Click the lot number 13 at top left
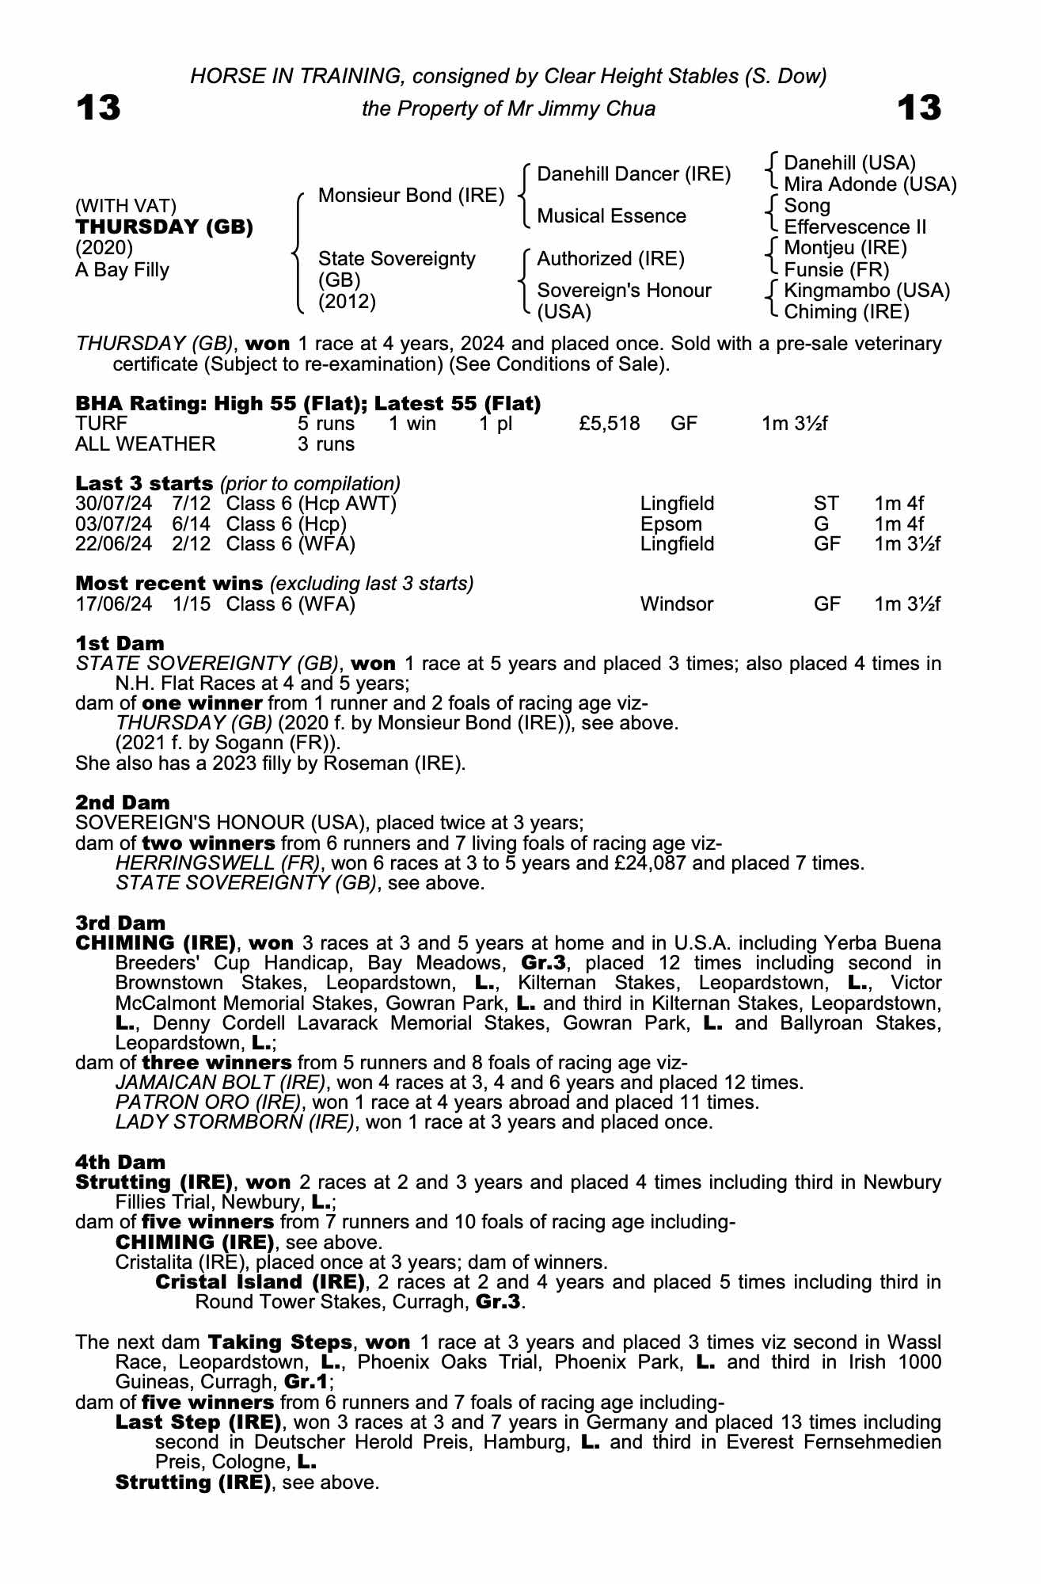pos(98,108)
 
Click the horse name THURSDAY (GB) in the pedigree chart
pos(165,227)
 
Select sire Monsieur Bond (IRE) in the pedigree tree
pos(411,195)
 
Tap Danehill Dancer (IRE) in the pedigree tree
pos(633,174)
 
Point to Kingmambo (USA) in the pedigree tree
pos(867,291)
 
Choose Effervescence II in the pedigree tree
pos(855,227)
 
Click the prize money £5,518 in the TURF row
pos(609,424)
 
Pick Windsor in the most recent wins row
pos(676,604)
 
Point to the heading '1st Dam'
pos(120,643)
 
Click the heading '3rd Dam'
pos(120,923)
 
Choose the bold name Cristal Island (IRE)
pos(260,1281)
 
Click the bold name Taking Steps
pos(280,1342)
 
